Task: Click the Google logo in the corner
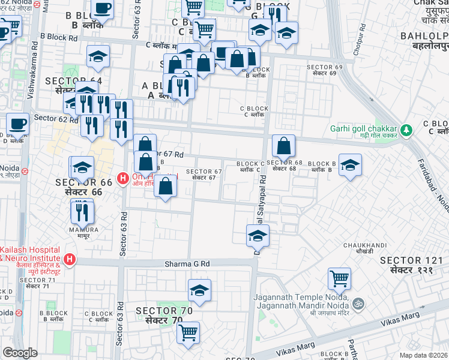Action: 20,353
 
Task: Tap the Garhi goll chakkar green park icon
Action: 406,130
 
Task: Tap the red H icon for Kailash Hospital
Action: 70,260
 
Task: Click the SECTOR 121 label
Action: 412,260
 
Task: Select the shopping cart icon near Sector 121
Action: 339,278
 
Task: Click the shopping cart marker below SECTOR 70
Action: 188,332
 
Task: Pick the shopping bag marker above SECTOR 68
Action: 283,145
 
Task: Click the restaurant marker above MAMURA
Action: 82,211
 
